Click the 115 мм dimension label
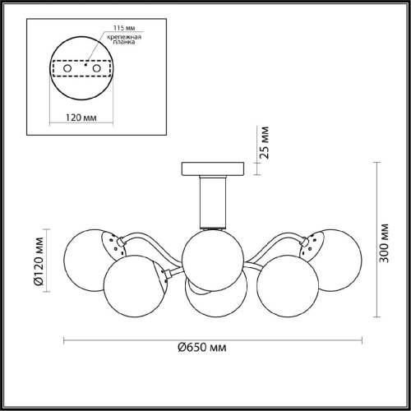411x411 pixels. pos(124,28)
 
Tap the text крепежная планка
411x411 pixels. pos(124,39)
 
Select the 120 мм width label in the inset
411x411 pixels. pos(81,118)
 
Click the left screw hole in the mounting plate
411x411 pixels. pos(67,68)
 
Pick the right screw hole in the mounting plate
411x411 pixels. pos(96,68)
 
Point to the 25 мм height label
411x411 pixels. pos(265,142)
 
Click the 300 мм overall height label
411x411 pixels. pos(384,243)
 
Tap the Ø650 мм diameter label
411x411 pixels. pos(202,348)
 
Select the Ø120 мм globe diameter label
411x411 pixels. pos(39,261)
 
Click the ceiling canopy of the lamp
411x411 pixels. pos(213,169)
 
